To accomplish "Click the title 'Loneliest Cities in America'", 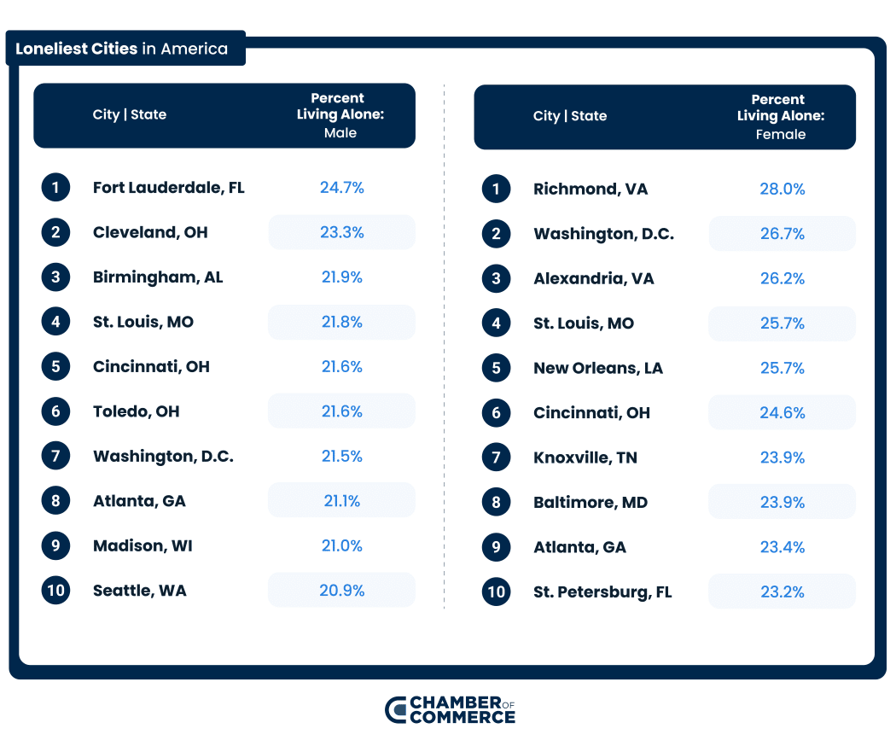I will coord(122,49).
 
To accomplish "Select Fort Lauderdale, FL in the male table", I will coord(168,188).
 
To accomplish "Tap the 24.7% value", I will coord(341,188).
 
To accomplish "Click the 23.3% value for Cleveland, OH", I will coord(341,232).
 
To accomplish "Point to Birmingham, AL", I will coord(157,277).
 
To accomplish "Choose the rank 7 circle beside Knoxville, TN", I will coord(496,458).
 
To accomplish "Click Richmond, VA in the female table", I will coord(590,189).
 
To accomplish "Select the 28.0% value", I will coord(782,189).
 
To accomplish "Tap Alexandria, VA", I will coord(593,279).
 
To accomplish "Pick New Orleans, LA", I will coord(597,369).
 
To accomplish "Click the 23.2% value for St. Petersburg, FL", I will coord(782,592).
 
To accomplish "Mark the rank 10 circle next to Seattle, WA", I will coord(55,591).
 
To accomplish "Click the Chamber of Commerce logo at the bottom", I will coord(450,709).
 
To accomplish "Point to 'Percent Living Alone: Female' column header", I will coord(780,117).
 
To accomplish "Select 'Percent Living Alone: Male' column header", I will coord(340,115).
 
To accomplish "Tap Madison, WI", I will coord(143,545).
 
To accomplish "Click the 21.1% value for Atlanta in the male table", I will coord(341,501).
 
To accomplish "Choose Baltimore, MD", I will coord(590,503).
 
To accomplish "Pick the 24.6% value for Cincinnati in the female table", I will coord(782,413).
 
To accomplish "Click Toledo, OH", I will coord(136,411).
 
